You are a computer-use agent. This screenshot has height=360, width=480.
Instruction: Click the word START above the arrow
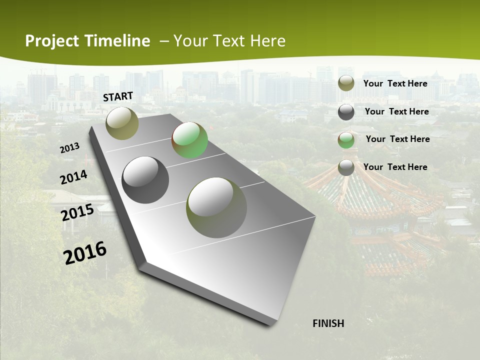pyautogui.click(x=118, y=96)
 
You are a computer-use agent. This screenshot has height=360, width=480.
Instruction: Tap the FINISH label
pyautogui.click(x=328, y=323)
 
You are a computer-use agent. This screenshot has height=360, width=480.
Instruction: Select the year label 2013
pyautogui.click(x=70, y=147)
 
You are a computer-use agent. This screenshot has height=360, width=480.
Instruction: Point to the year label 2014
pyautogui.click(x=74, y=177)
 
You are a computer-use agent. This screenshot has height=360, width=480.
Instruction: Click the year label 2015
pyautogui.click(x=77, y=212)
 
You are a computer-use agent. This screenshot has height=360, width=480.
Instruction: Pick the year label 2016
pyautogui.click(x=85, y=252)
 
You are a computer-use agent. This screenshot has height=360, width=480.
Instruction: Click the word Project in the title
pyautogui.click(x=52, y=41)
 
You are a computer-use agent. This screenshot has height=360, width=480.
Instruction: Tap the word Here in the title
pyautogui.click(x=267, y=41)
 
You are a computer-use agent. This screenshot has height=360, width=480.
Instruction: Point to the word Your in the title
pyautogui.click(x=190, y=41)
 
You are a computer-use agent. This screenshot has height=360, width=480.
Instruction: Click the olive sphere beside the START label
pyautogui.click(x=122, y=123)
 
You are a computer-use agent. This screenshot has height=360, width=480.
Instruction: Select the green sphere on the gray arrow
pyautogui.click(x=189, y=140)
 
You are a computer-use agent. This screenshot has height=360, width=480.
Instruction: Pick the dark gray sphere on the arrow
pyautogui.click(x=145, y=180)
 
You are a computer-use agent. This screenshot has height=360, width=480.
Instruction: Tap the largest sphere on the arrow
pyautogui.click(x=216, y=207)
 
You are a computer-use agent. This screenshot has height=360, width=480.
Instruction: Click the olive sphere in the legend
pyautogui.click(x=346, y=83)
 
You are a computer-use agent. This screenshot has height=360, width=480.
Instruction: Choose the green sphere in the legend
pyautogui.click(x=346, y=140)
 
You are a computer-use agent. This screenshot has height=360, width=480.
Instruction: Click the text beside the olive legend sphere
pyautogui.click(x=395, y=83)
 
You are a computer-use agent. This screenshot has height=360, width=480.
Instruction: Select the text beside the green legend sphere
pyautogui.click(x=397, y=139)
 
